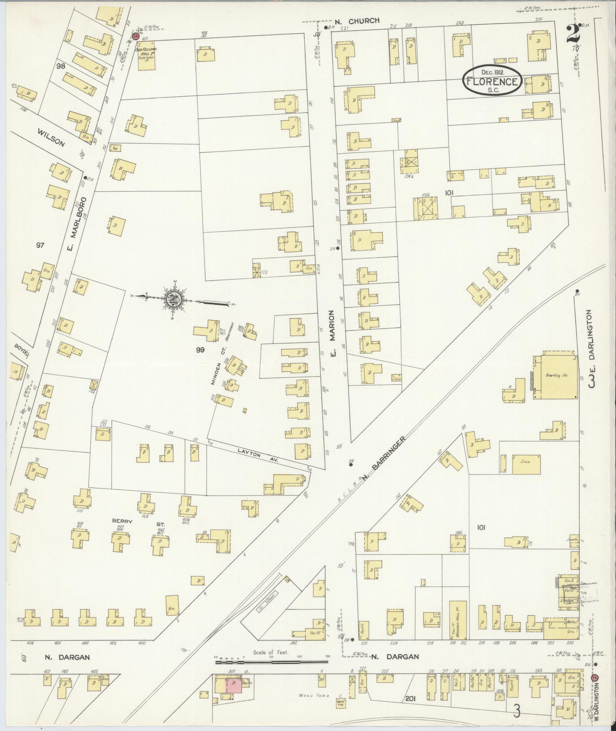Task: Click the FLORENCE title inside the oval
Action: coord(492,81)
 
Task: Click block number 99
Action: coord(200,349)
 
